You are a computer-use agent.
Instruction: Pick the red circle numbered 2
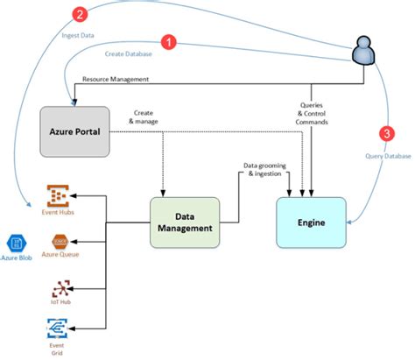pos(81,15)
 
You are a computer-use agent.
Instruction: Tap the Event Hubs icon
pos(58,195)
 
